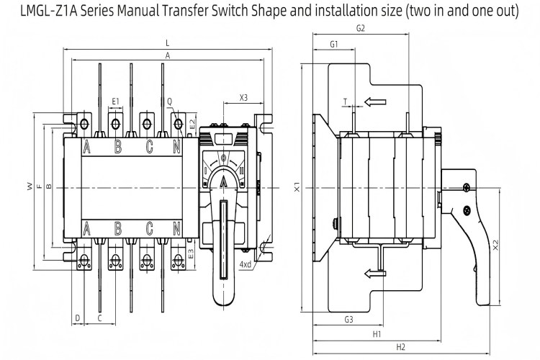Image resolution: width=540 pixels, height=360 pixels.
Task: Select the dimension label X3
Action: click(x=243, y=97)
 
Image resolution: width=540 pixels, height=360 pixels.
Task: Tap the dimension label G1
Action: click(x=334, y=45)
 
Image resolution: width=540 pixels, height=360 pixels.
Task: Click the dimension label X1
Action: click(x=297, y=188)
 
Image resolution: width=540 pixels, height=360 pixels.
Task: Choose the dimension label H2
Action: click(x=401, y=347)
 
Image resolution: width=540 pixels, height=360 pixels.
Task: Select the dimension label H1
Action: click(x=377, y=335)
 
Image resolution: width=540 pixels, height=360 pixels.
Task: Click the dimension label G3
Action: click(x=348, y=319)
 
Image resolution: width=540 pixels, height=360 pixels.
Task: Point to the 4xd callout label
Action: click(x=246, y=265)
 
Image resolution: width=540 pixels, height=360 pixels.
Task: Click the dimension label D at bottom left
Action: click(x=77, y=318)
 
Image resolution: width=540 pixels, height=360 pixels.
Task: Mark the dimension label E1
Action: click(x=115, y=101)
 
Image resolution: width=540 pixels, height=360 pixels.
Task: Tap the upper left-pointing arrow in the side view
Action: click(x=375, y=102)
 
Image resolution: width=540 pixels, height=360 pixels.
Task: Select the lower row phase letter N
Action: click(x=177, y=229)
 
